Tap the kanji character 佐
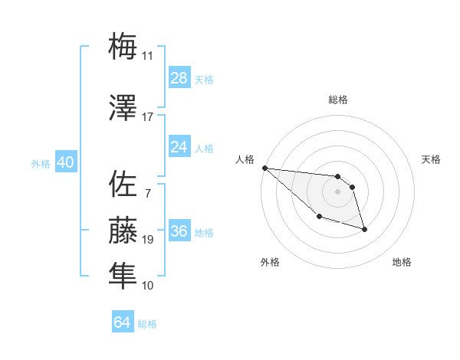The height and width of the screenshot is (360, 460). pos(123,184)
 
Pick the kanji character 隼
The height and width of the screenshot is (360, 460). pos(123,273)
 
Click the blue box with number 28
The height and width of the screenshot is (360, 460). pos(179,78)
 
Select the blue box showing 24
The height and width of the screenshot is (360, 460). pos(179,147)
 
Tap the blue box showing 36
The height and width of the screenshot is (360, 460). pos(179,231)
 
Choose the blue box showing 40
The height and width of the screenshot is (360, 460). pos(65,163)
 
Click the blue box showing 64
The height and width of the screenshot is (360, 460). pos(123,322)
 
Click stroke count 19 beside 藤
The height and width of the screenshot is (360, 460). pos(148,240)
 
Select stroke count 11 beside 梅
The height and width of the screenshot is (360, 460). pos(147,56)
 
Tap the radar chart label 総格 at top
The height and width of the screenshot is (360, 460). pos(338,100)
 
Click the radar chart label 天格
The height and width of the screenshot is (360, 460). pos(431,159)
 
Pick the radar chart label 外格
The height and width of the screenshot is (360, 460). pos(270,262)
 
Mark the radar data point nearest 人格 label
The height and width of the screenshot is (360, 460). pos(264,168)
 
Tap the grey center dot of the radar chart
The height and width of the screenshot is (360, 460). pos(337,191)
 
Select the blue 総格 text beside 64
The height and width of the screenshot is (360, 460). pos(147,324)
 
